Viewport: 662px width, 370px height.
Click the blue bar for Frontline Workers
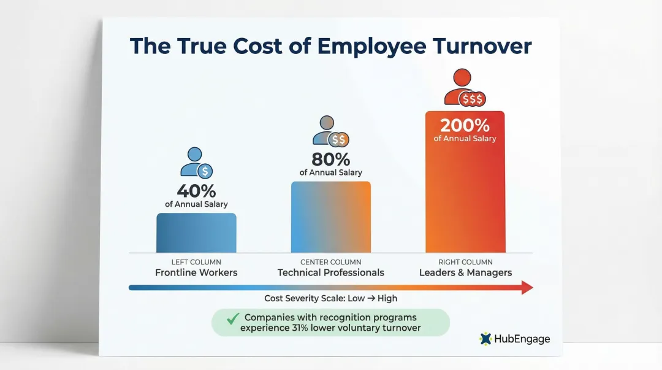[196, 233]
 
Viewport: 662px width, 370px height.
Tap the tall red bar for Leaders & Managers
[465, 196]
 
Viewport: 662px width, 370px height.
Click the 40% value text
[196, 190]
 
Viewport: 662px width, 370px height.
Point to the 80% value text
[330, 159]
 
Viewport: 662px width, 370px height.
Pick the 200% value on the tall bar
[465, 125]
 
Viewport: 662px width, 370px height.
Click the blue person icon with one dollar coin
[196, 162]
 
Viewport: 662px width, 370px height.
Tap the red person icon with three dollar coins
[465, 88]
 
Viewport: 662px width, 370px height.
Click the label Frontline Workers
[196, 272]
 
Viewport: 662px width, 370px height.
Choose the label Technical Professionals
[330, 272]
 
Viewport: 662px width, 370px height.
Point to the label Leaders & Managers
[465, 272]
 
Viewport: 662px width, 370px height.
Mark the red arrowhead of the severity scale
[527, 287]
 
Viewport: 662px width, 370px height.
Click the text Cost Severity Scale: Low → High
[330, 298]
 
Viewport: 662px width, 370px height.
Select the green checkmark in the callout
[232, 318]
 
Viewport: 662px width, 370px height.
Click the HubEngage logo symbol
[486, 339]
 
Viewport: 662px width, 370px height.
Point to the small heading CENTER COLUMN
[330, 262]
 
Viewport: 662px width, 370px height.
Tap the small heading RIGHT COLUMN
[465, 262]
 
